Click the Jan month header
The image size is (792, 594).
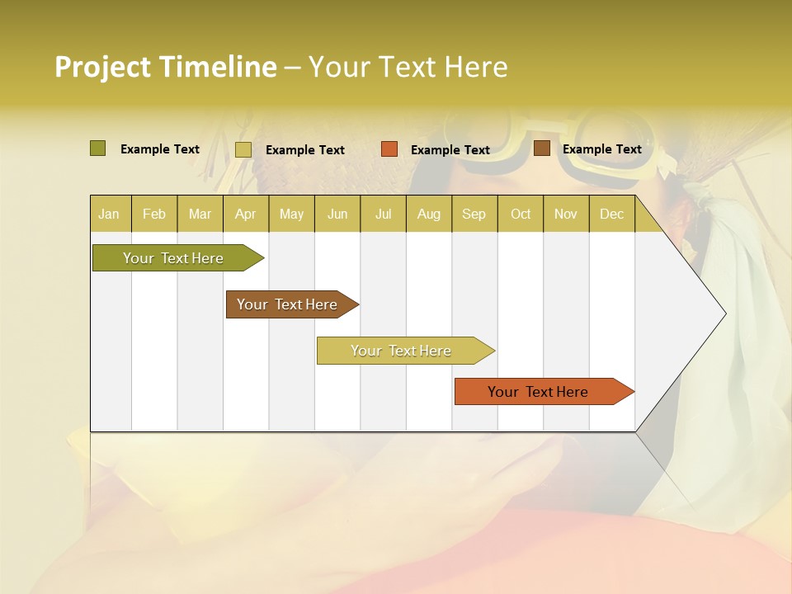point(110,214)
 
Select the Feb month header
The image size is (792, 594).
point(154,214)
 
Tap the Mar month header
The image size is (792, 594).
point(200,214)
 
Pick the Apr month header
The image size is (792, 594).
point(246,214)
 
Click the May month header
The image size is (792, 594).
point(291,214)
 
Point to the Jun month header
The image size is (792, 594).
point(337,214)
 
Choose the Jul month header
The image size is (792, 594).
point(383,214)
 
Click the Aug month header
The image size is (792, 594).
point(429,214)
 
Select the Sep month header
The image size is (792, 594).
point(474,214)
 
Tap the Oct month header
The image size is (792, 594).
point(521,214)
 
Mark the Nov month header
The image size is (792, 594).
point(566,214)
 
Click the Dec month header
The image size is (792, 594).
point(612,214)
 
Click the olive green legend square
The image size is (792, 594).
point(97,148)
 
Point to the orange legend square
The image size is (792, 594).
point(389,149)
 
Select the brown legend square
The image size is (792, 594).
point(541,148)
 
